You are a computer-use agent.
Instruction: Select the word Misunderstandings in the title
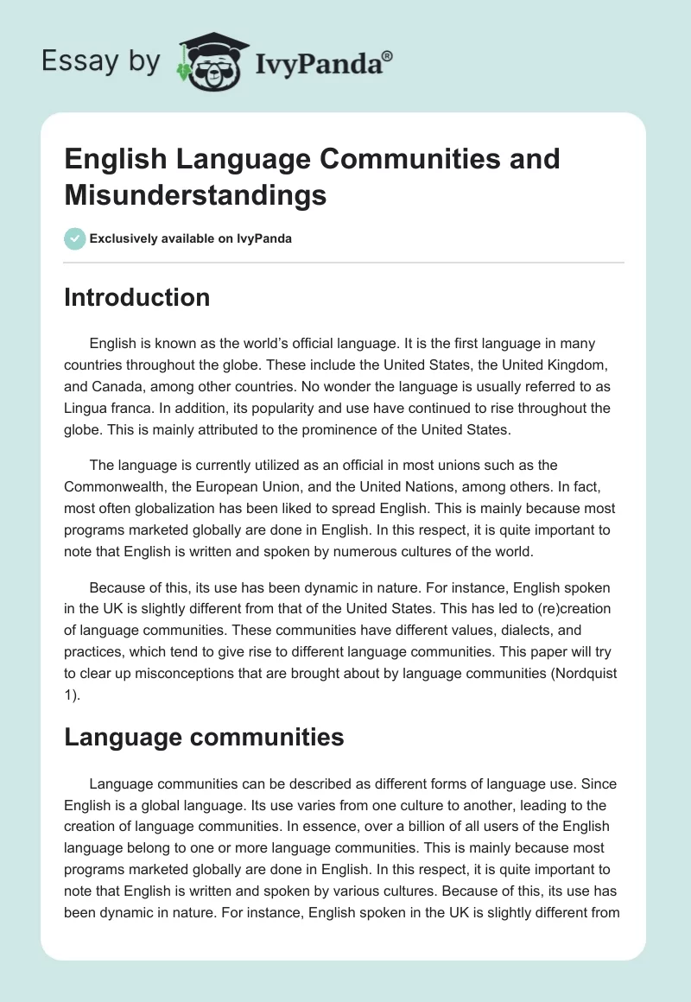(x=195, y=195)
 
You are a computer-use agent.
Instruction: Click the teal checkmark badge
(x=75, y=238)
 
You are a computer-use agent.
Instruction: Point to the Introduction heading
(x=136, y=297)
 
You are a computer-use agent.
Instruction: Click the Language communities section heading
(x=204, y=737)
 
